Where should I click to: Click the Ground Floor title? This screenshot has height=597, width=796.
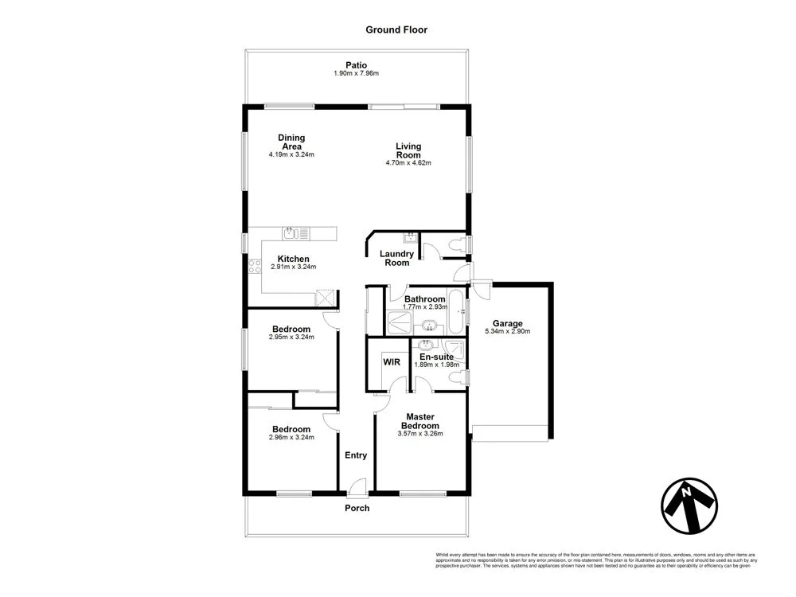click(x=396, y=30)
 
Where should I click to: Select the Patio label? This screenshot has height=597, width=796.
click(x=356, y=64)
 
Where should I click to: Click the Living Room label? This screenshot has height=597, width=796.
click(x=408, y=150)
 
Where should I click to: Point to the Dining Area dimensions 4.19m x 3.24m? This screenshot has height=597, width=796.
click(x=291, y=154)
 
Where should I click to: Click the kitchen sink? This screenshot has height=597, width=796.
click(x=291, y=232)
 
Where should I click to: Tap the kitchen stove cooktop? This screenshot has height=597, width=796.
click(x=254, y=267)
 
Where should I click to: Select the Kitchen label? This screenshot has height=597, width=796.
click(x=293, y=259)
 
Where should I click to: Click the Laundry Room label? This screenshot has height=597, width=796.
click(x=396, y=258)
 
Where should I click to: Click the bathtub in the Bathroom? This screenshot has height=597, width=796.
click(x=456, y=311)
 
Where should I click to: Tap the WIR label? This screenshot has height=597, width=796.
click(x=392, y=361)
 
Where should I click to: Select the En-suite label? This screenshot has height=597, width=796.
click(x=436, y=357)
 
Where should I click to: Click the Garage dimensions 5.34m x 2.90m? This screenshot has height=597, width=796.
click(x=507, y=332)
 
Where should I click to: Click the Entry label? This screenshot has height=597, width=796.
click(x=355, y=455)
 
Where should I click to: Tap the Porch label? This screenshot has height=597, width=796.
click(x=357, y=508)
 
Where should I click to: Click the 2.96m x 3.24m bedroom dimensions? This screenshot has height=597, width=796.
click(x=291, y=437)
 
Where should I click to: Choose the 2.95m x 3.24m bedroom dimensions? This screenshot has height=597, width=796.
click(x=291, y=337)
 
